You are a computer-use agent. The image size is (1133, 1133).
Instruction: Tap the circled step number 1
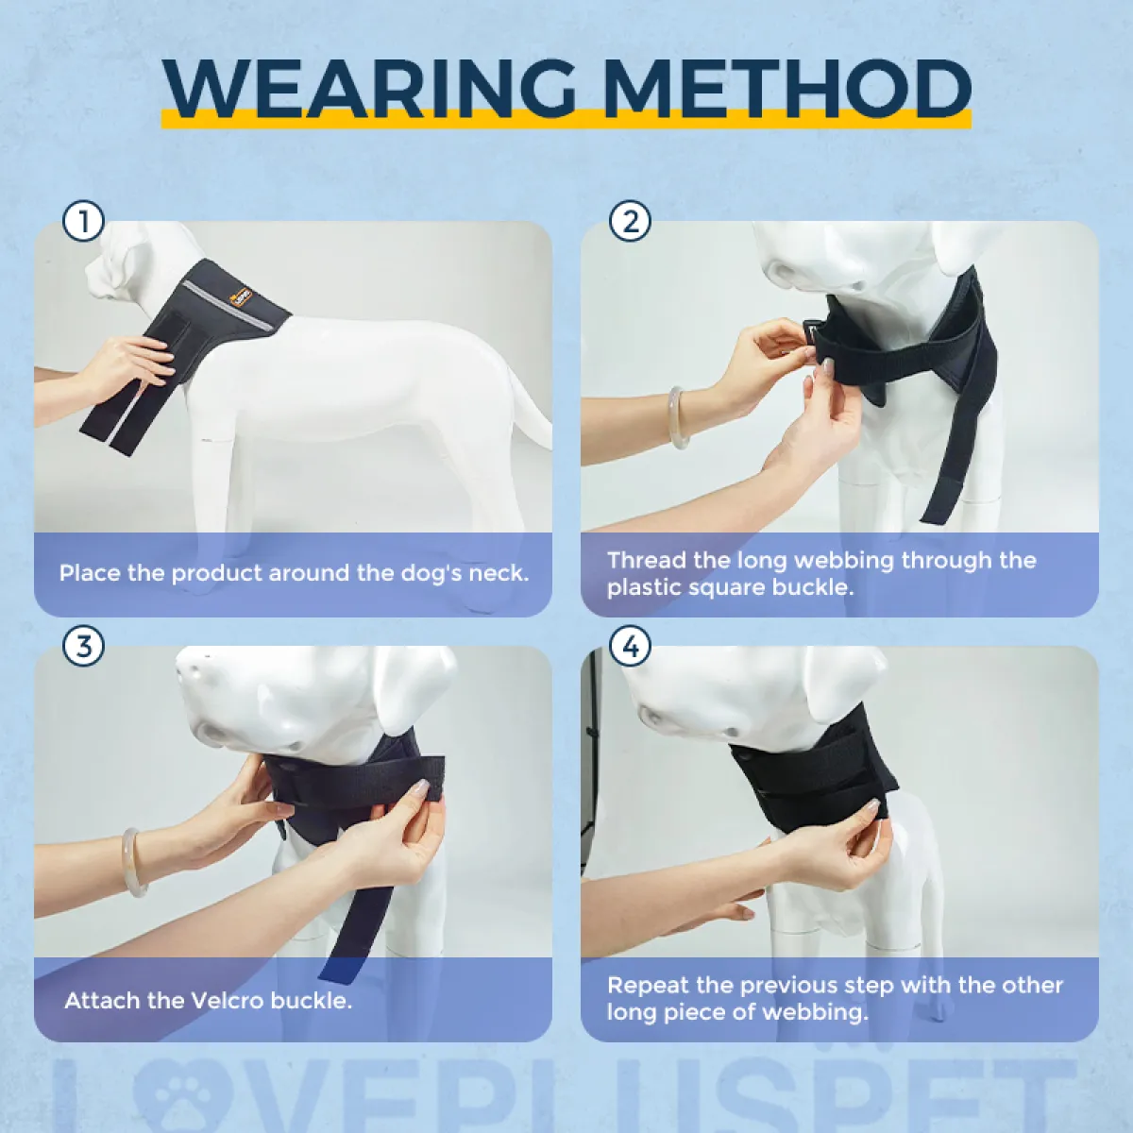point(83,222)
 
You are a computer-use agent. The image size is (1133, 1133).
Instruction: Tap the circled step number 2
point(630,222)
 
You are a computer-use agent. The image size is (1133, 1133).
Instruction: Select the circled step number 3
point(83,647)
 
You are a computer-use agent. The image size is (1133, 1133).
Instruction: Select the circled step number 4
point(630,647)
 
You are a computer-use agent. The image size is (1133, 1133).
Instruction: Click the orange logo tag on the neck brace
point(244,296)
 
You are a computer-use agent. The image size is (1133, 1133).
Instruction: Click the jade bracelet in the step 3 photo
point(132,861)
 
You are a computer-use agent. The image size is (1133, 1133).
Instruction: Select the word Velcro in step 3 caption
point(228,1001)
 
